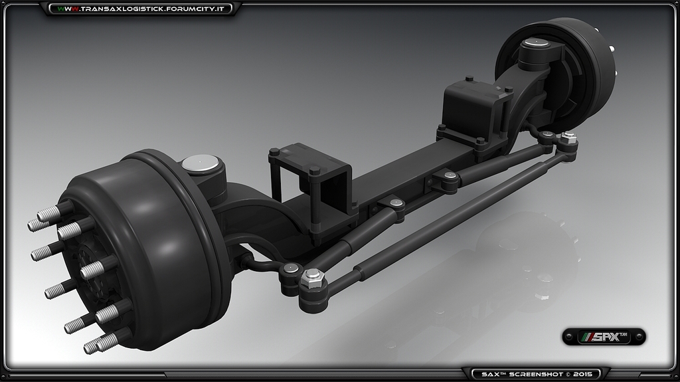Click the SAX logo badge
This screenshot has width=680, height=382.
(604, 337)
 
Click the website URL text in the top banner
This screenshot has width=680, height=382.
(144, 9)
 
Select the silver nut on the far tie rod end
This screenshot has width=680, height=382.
(568, 139)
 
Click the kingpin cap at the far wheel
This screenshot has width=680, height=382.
(536, 44)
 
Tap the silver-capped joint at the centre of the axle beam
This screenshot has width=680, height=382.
(396, 203)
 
